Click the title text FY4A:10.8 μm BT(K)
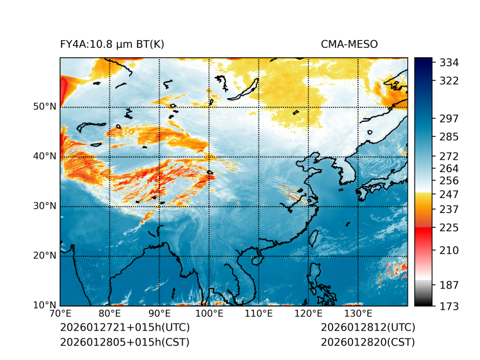(112, 44)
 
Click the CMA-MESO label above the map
(349, 44)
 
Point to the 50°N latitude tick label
(45, 106)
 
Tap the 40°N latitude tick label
(45, 156)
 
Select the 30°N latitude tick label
(45, 205)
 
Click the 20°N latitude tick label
(45, 255)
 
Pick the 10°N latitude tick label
(45, 305)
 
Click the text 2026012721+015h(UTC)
(124, 327)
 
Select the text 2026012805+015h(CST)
(124, 342)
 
